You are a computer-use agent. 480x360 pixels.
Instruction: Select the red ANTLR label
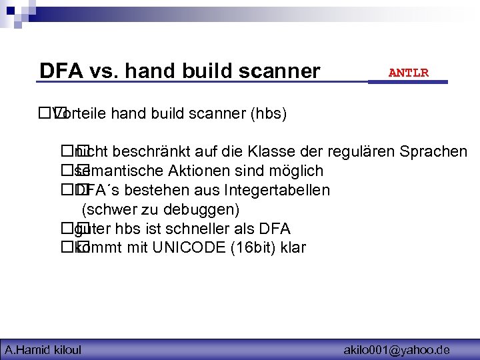click(x=408, y=73)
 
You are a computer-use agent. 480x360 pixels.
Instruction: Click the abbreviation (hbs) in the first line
click(x=267, y=115)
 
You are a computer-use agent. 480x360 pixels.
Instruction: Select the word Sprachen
click(x=433, y=152)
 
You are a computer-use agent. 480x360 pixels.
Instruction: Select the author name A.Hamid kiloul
click(x=43, y=349)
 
